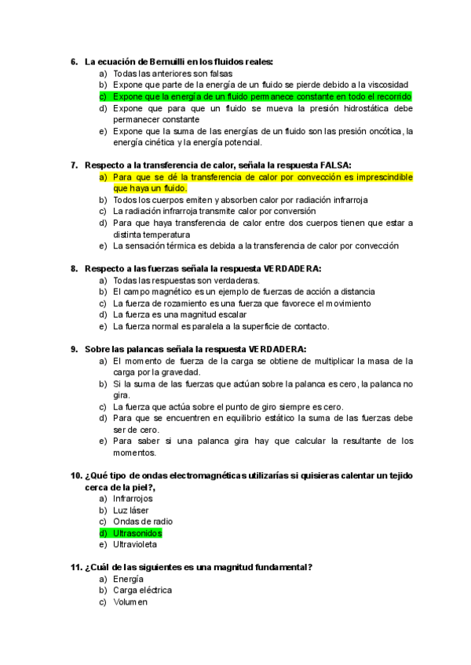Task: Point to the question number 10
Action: [x=76, y=476]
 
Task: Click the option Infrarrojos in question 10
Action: [x=133, y=498]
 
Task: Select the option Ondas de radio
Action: [x=143, y=521]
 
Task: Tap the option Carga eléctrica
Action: [x=142, y=590]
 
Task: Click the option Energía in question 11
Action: [x=129, y=579]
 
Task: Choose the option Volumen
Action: [x=130, y=601]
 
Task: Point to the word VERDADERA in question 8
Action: [x=294, y=268]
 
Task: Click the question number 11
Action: [x=76, y=567]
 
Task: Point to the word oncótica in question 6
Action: [x=378, y=131]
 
